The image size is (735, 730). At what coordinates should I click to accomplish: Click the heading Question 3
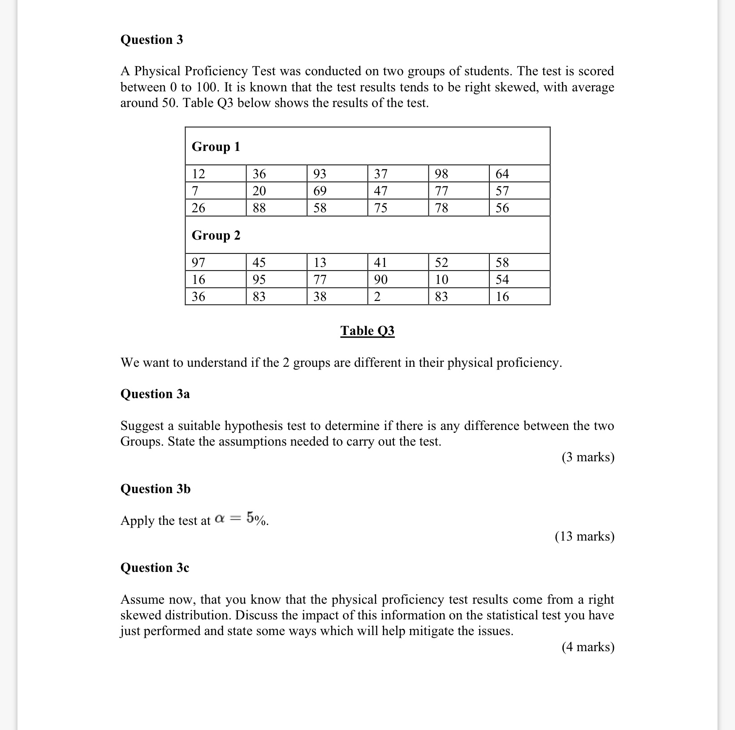(151, 40)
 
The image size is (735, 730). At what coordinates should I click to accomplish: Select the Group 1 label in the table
(216, 146)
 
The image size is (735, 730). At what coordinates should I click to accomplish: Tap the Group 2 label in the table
(216, 235)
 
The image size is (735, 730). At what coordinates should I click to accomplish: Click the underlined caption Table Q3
(367, 331)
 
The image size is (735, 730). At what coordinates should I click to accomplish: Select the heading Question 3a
(155, 394)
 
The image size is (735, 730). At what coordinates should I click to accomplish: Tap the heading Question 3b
(155, 489)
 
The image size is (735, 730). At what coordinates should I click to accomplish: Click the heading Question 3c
(155, 567)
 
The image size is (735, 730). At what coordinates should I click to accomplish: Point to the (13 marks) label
(584, 536)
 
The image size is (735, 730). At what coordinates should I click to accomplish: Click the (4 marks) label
(588, 647)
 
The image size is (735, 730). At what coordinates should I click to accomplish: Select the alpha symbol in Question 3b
(219, 519)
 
